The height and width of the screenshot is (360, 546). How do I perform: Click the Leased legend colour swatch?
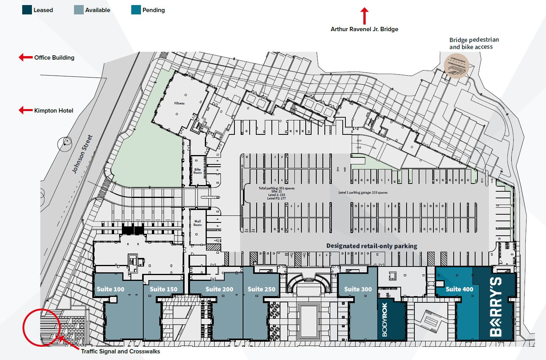[x=27, y=10]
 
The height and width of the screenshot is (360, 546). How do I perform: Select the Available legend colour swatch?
[x=79, y=10]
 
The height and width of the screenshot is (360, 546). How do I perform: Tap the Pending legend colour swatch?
[x=136, y=10]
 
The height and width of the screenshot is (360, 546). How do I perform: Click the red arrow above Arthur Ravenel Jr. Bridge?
[x=364, y=16]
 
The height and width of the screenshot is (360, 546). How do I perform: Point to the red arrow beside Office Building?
[x=25, y=58]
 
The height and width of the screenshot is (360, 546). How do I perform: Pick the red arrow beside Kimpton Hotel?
[x=25, y=110]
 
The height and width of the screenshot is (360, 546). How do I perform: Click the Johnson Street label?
[x=83, y=154]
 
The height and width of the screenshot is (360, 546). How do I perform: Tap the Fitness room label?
[x=180, y=103]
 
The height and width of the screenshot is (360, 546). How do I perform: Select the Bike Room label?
[x=197, y=171]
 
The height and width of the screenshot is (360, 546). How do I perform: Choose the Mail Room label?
[x=197, y=223]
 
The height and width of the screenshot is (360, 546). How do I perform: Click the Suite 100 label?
[x=110, y=289]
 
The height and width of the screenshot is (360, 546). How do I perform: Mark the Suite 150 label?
[x=164, y=289]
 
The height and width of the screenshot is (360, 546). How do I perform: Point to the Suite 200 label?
[x=219, y=289]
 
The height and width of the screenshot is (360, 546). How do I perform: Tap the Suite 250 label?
[x=261, y=289]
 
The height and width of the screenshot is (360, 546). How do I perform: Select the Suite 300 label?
[x=358, y=289]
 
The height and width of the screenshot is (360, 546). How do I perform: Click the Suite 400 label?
[x=459, y=289]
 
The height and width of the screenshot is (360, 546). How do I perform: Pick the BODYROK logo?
[x=385, y=319]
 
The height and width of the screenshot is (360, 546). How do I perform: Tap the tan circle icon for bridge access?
[x=456, y=66]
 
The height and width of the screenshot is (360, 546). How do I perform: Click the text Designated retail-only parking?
[x=372, y=246]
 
